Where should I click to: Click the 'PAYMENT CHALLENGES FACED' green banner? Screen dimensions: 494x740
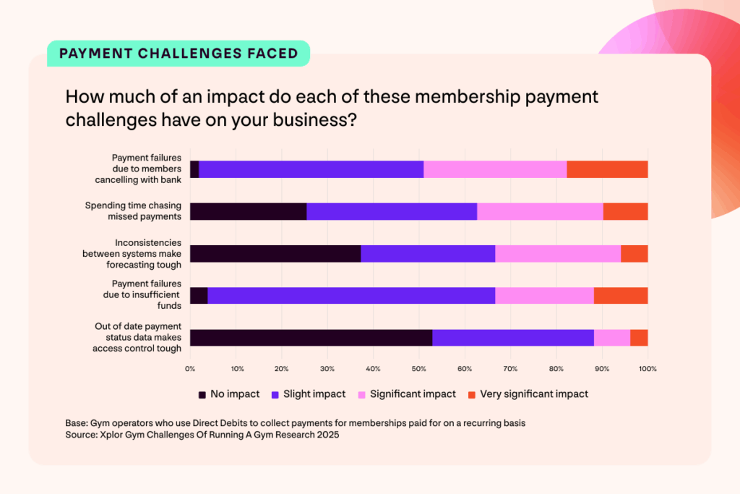point(178,54)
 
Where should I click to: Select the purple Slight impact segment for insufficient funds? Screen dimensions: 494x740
point(351,296)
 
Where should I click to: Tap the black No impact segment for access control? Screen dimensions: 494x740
point(311,338)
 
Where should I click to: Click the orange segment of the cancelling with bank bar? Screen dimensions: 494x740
point(607,169)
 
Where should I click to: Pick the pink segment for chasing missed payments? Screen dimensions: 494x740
point(540,211)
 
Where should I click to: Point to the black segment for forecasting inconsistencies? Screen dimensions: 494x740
point(275,253)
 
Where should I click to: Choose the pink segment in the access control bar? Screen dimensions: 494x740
point(611,338)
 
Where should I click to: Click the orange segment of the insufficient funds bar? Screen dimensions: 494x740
point(621,296)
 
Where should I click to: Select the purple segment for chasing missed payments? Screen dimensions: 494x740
point(392,211)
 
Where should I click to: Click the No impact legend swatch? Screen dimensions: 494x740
point(202,394)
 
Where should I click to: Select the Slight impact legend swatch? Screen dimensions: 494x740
point(275,394)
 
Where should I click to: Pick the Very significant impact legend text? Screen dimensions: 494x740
point(534,394)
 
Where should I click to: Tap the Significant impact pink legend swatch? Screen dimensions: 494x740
point(363,394)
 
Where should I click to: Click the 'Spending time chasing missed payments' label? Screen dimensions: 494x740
point(134,211)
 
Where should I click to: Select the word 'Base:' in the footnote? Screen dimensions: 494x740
point(76,423)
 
